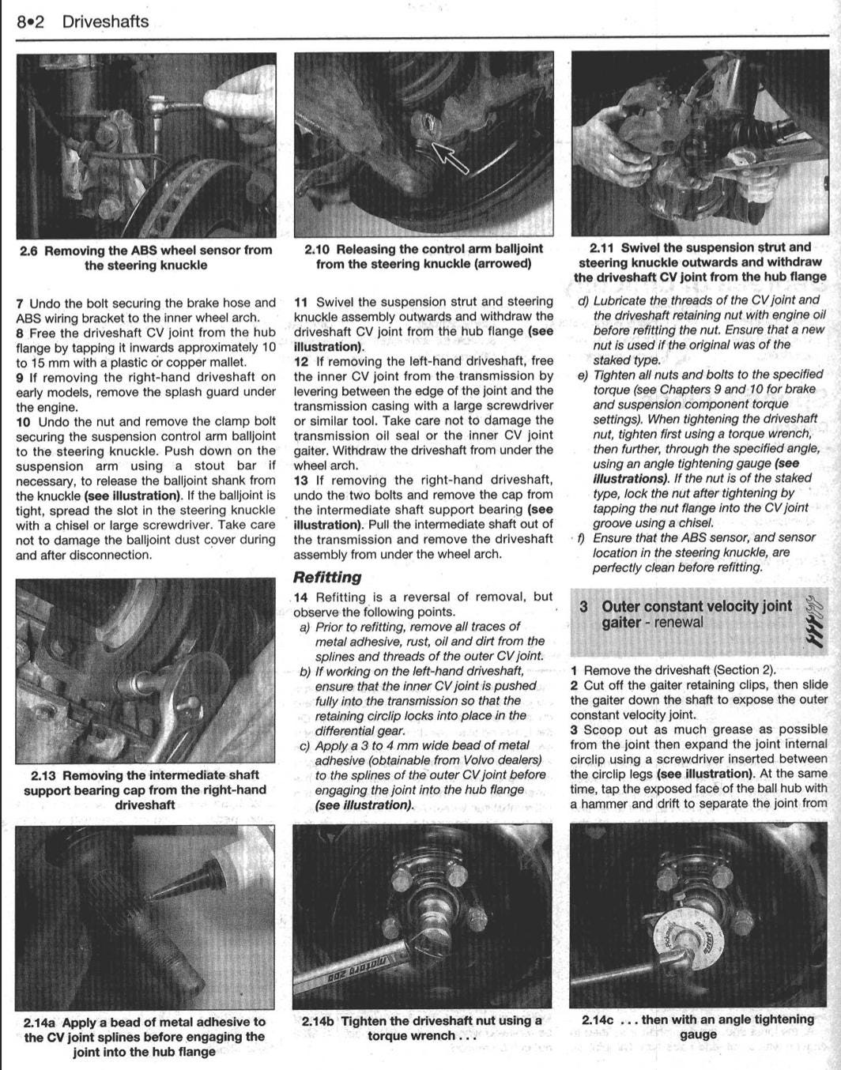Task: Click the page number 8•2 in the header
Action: tap(30, 22)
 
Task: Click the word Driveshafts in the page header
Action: tap(105, 22)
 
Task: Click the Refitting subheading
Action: tap(327, 578)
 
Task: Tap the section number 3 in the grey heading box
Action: tap(583, 607)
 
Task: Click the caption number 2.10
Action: tap(318, 250)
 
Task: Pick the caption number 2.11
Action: tap(602, 247)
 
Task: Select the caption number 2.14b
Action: tap(319, 1021)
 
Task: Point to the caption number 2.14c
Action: tap(598, 1020)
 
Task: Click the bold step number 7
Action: tap(20, 303)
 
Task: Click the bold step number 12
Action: tap(301, 361)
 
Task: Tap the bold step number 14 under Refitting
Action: tap(301, 597)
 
